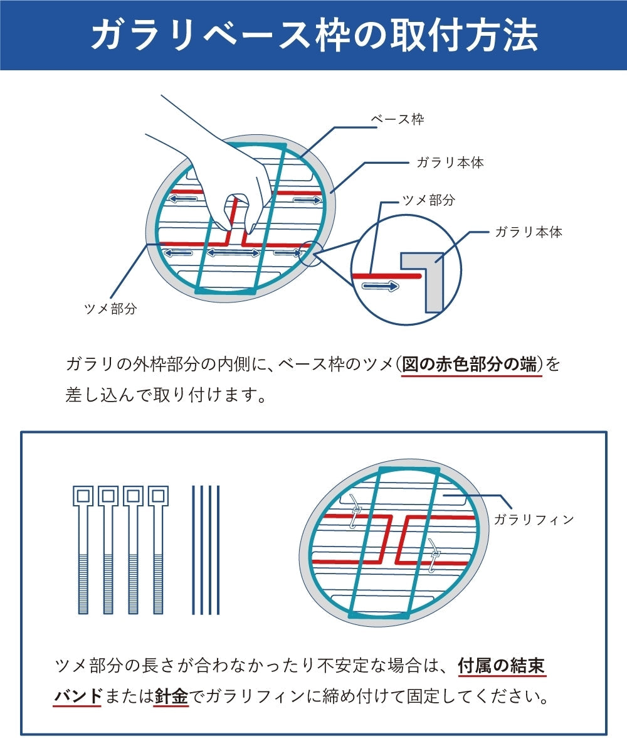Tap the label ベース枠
pyautogui.click(x=398, y=119)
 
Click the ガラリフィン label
pyautogui.click(x=534, y=520)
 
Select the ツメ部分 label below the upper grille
pyautogui.click(x=110, y=309)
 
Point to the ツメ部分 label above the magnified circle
pyautogui.click(x=428, y=200)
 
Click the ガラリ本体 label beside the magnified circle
pyautogui.click(x=529, y=232)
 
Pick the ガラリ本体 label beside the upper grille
pyautogui.click(x=450, y=163)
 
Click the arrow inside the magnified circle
pyautogui.click(x=381, y=286)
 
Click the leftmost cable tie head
pyautogui.click(x=83, y=496)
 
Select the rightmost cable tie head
pyautogui.click(x=158, y=496)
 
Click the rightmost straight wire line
pyautogui.click(x=218, y=550)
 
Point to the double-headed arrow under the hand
pyautogui.click(x=233, y=253)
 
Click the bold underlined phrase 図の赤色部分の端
pyautogui.click(x=472, y=364)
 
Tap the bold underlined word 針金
pyautogui.click(x=171, y=696)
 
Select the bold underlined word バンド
pyautogui.click(x=78, y=696)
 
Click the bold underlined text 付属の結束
pyautogui.click(x=502, y=665)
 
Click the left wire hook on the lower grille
pyautogui.click(x=356, y=512)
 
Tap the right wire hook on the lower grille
pyautogui.click(x=435, y=556)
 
